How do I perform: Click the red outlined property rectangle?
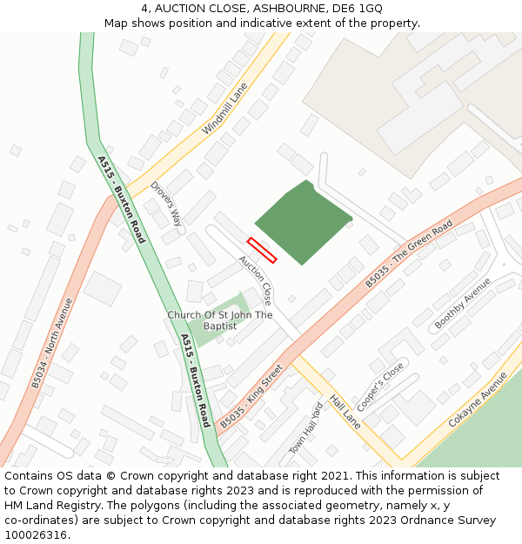[262, 250]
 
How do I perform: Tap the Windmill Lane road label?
[225, 109]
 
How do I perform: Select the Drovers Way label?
[166, 204]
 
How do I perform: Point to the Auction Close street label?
[256, 279]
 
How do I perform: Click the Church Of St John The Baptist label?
[220, 320]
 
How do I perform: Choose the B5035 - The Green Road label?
[409, 254]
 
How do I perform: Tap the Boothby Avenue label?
[462, 304]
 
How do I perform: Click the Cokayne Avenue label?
[478, 400]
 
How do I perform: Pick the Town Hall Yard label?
[305, 429]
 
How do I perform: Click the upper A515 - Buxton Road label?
[122, 199]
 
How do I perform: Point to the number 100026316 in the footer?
[35, 535]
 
